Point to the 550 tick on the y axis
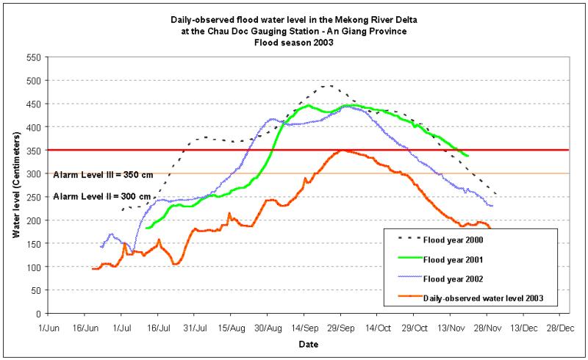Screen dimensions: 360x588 click(30, 57)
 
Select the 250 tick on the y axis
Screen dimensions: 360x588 click(30, 197)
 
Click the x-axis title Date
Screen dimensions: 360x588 click(303, 344)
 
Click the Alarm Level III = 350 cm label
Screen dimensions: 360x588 click(103, 175)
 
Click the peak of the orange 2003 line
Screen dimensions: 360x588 click(341, 150)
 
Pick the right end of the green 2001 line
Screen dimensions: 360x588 click(468, 156)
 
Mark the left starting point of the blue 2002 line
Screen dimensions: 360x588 click(101, 247)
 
